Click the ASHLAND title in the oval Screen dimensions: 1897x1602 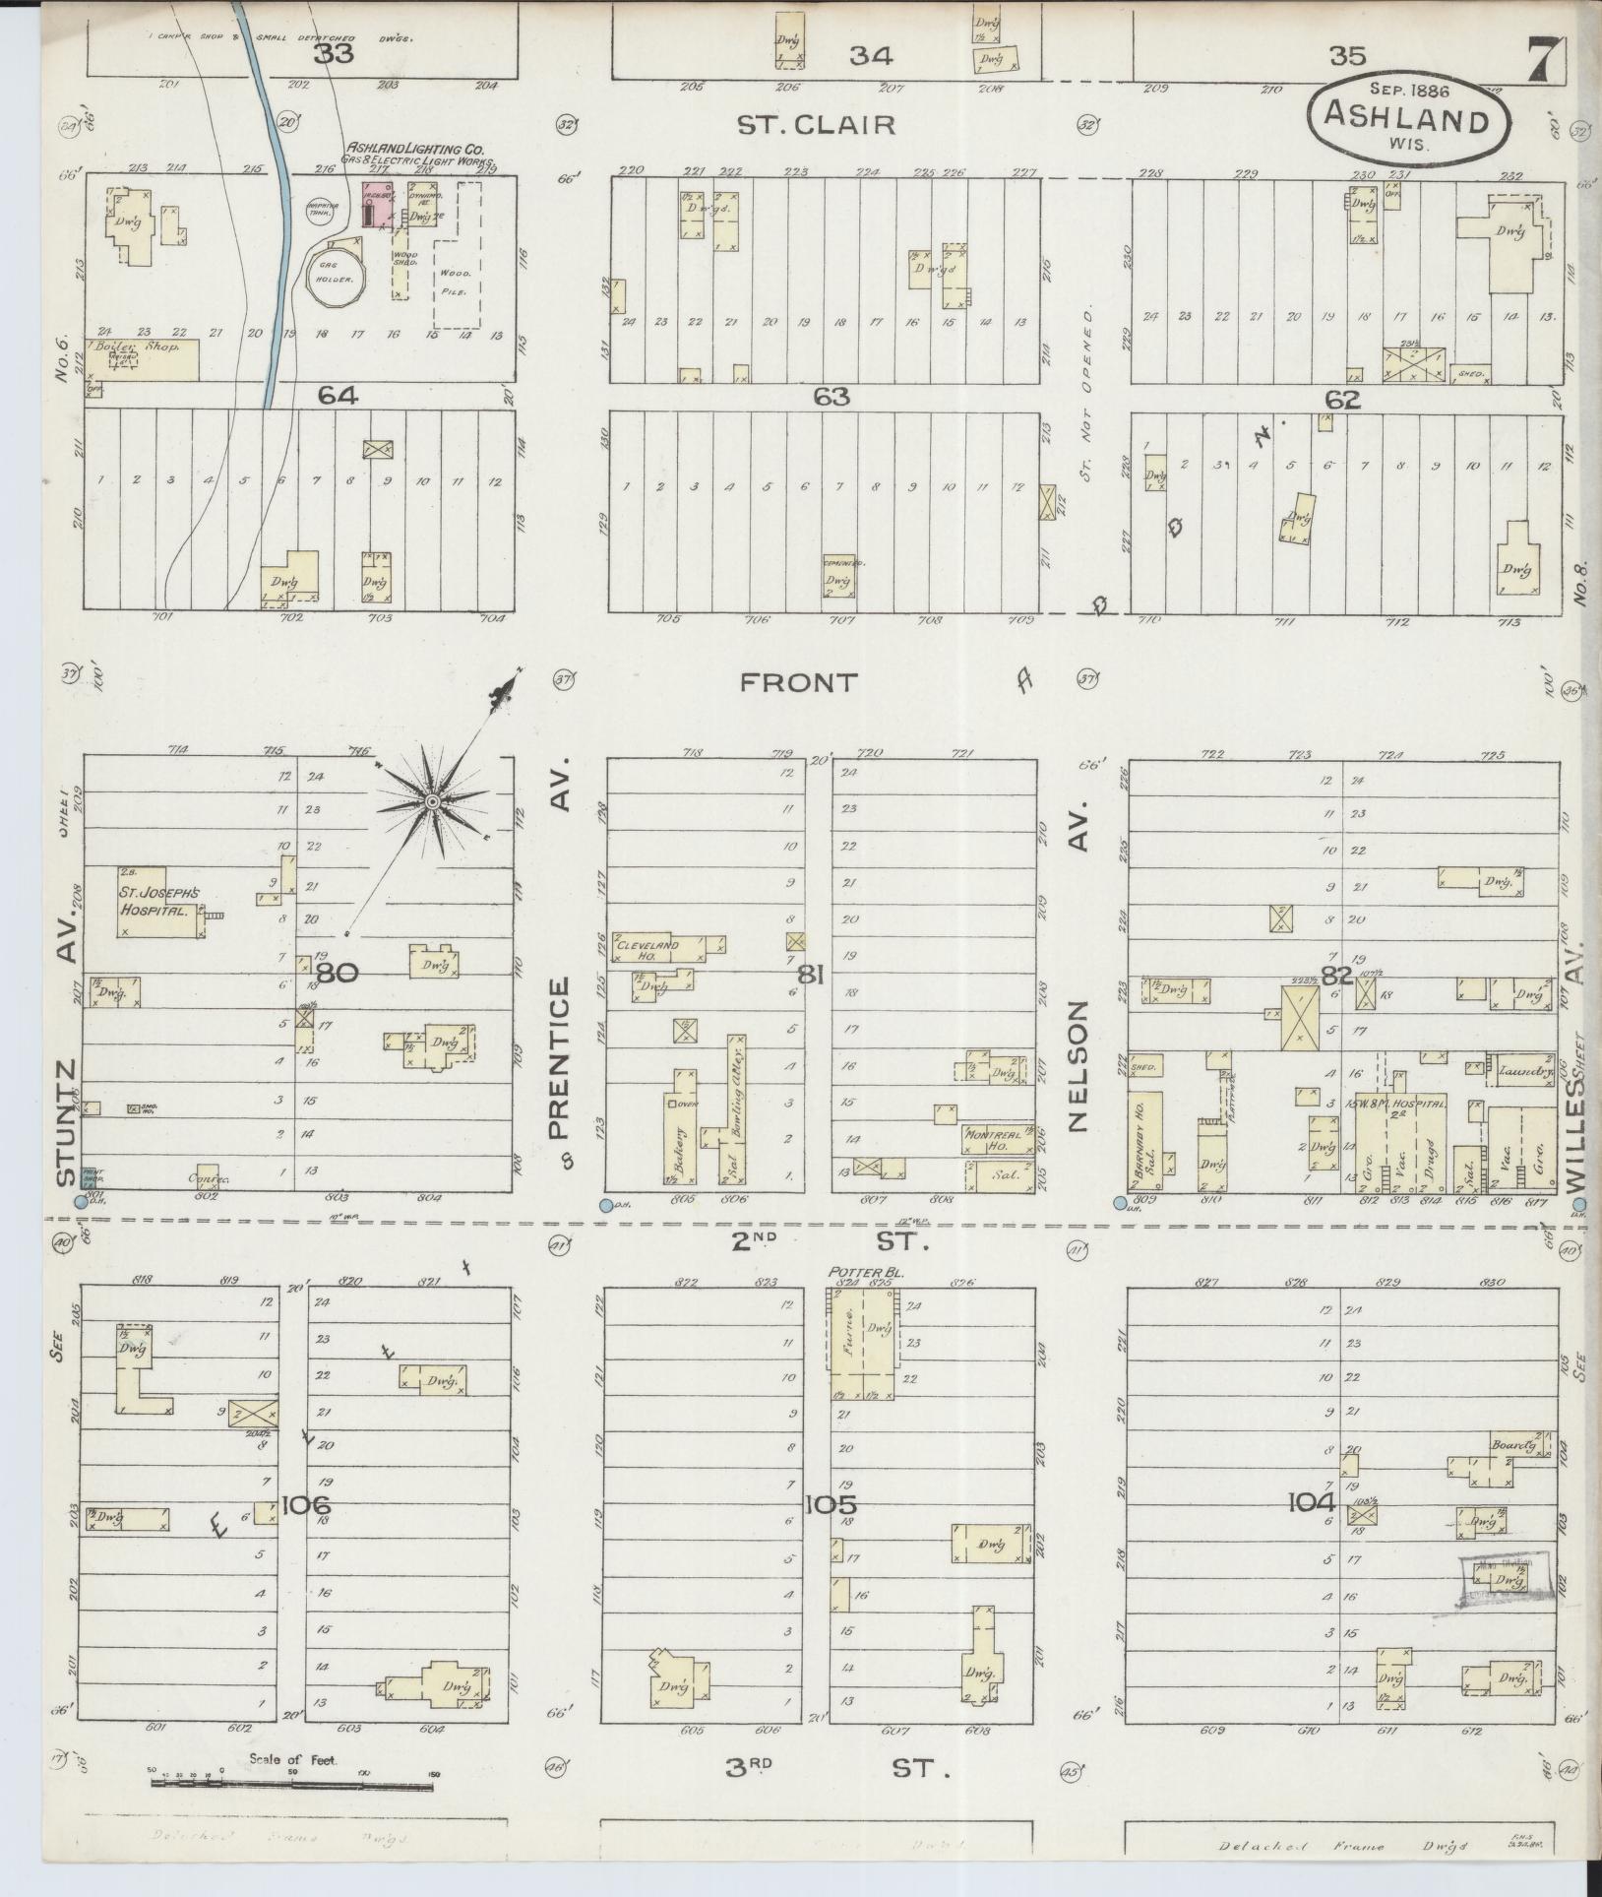(1405, 120)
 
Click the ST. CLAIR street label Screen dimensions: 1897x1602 (816, 125)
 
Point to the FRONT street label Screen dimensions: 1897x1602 (799, 682)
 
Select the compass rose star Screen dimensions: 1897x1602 (432, 803)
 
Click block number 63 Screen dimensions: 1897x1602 (831, 397)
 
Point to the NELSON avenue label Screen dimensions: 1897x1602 (1079, 1066)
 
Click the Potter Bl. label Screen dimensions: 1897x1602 (866, 1272)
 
